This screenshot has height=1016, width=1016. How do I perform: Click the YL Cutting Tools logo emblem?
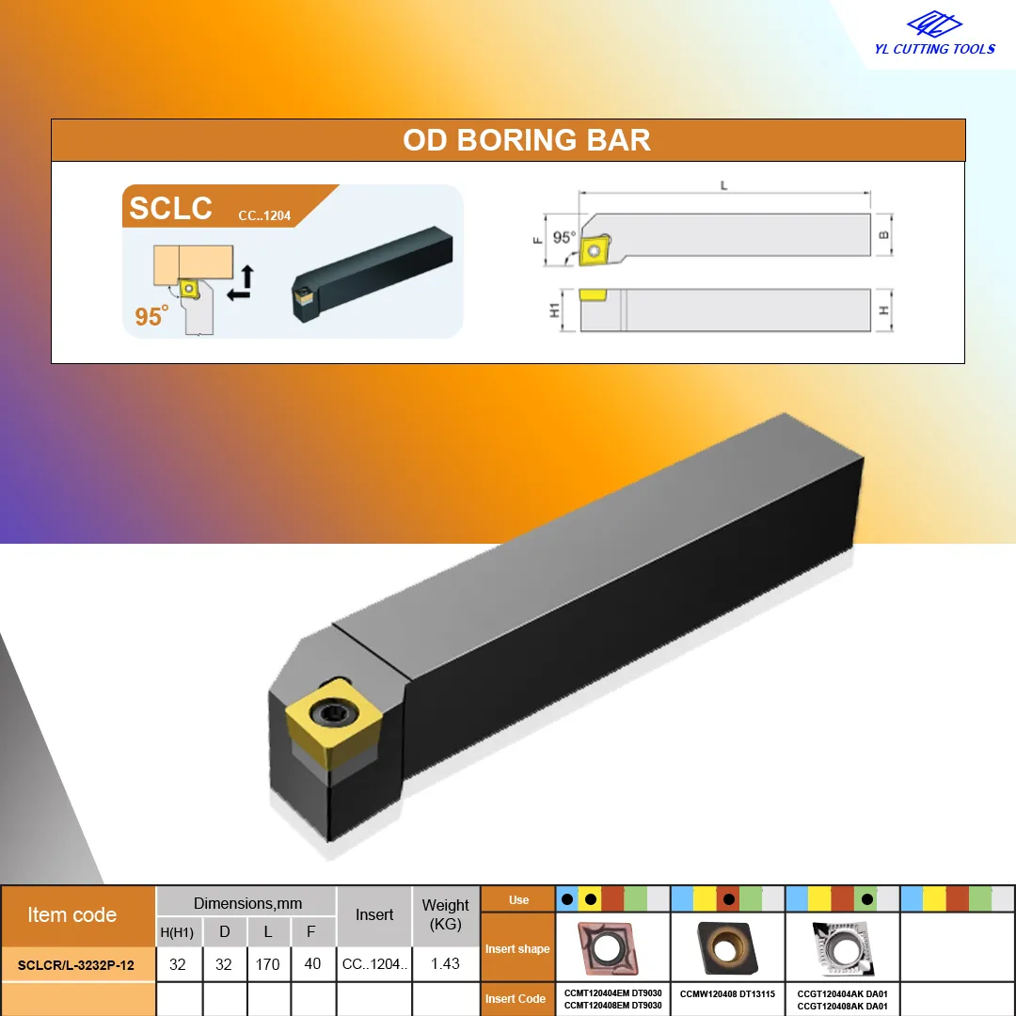tap(934, 24)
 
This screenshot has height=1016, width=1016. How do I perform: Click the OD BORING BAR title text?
tap(526, 140)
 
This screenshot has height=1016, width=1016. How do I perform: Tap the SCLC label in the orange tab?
tap(170, 208)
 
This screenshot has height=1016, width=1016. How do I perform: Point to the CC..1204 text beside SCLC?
tap(264, 215)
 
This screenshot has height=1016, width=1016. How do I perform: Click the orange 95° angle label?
tap(151, 315)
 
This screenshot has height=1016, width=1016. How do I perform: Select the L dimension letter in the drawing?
tap(723, 186)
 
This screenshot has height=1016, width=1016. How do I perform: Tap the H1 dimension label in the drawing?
tap(554, 310)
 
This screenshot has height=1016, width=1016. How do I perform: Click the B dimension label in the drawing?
tap(883, 234)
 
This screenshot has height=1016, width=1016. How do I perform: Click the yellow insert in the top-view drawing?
tap(595, 250)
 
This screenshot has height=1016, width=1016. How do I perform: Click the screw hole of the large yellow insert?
tap(334, 713)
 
